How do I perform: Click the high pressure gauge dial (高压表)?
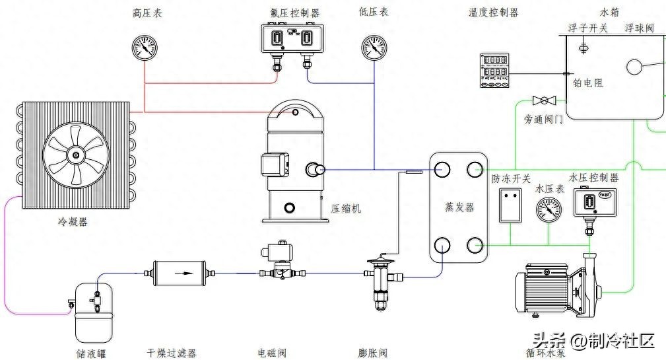point(145,48)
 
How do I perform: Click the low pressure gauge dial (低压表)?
point(374,48)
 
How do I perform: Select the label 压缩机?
point(346,209)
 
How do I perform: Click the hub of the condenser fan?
point(75,156)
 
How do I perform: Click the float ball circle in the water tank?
point(635,68)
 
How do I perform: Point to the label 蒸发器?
point(459,207)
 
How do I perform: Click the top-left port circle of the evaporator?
point(442,170)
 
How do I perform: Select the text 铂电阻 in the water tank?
point(587,83)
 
